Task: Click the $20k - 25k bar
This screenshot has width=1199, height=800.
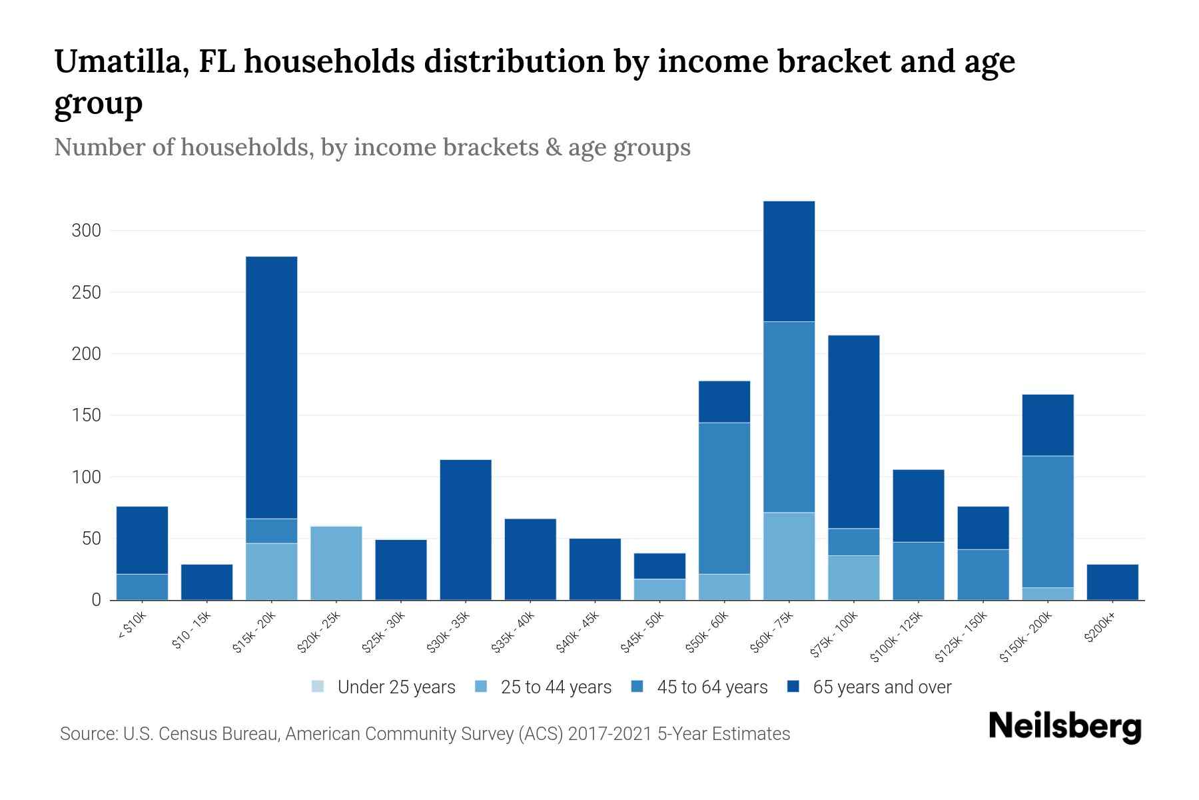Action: point(336,563)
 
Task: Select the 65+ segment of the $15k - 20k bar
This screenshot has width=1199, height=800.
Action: point(272,387)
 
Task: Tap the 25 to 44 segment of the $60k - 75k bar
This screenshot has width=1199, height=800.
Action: point(789,556)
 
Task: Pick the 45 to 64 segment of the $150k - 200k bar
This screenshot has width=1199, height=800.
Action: point(1048,521)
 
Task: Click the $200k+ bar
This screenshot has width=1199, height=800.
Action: point(1112,582)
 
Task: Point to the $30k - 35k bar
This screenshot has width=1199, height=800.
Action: point(466,530)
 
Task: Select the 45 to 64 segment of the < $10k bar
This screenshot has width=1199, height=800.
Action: point(142,587)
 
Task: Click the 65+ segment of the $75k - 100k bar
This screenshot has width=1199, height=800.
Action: point(853,431)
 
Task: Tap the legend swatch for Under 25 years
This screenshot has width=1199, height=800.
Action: point(318,687)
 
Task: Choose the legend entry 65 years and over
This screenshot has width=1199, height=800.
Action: point(881,687)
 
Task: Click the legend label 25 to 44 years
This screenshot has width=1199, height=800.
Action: point(556,687)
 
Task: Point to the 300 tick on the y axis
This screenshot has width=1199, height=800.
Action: point(86,231)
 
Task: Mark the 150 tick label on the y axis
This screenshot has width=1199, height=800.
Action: point(86,415)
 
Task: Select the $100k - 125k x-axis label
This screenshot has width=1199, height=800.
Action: point(896,637)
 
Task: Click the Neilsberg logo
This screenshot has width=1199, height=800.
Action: point(1064,727)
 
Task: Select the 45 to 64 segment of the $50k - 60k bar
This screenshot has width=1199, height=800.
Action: point(724,498)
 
